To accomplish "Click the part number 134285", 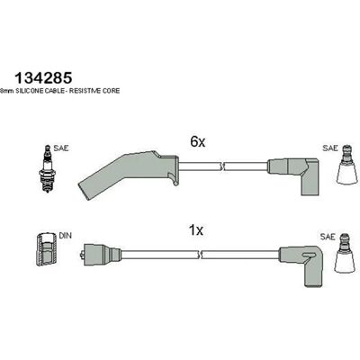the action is (43, 78).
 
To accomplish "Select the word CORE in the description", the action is (111, 91).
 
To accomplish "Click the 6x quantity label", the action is (198, 142).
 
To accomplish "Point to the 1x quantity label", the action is (196, 230).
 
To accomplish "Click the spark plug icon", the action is (47, 168).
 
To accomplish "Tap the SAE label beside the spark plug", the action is (61, 148).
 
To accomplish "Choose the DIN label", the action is (65, 236).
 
